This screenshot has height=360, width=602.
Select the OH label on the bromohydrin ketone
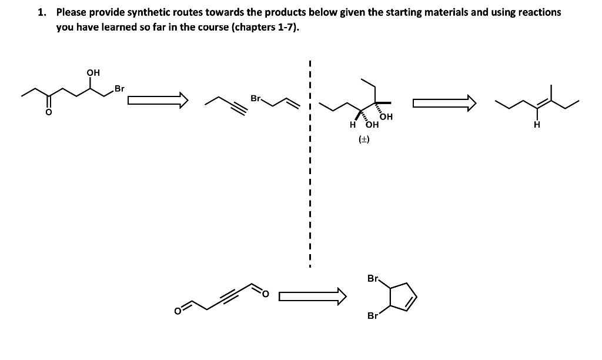93,73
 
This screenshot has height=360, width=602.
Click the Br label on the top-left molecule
119,89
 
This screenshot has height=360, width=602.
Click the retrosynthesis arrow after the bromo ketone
157,101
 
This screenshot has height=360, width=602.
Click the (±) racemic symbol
364,139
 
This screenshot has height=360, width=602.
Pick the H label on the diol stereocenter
352,124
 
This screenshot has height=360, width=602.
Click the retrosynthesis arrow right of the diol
443,104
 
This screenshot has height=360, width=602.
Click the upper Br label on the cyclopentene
372,278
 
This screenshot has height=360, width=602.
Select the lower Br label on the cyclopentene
372,316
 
